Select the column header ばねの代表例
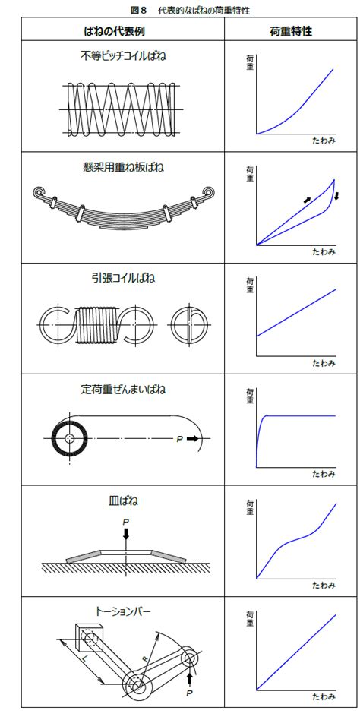click(122, 31)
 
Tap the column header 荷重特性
click(291, 31)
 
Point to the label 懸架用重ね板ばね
click(122, 167)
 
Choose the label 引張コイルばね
click(122, 279)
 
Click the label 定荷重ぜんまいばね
click(122, 390)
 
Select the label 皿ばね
click(122, 501)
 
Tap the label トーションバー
click(122, 611)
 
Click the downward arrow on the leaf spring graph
click(336, 196)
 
